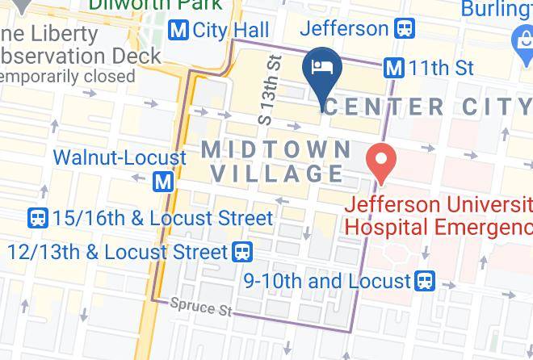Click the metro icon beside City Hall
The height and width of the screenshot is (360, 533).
coord(178,31)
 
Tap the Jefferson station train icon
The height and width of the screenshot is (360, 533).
coord(404,29)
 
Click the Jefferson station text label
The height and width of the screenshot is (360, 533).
coord(344,29)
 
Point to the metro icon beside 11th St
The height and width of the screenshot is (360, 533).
coord(394,68)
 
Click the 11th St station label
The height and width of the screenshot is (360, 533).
coord(441,68)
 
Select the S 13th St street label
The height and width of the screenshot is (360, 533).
coord(269,89)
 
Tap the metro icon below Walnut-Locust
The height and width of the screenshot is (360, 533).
coord(164,182)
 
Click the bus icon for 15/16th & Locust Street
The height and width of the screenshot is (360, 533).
coord(37,218)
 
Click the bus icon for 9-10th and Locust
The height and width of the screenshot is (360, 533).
coord(425,281)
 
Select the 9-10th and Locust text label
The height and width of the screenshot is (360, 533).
coord(328,281)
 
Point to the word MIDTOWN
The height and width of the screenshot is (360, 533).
coord(276,149)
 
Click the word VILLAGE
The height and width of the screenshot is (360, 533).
coord(276,174)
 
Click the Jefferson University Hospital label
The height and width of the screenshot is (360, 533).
coord(439,215)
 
